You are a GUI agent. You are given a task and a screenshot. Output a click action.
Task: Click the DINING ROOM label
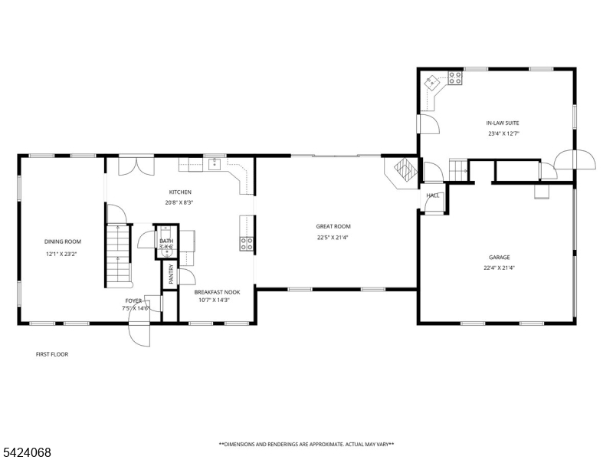(63, 242)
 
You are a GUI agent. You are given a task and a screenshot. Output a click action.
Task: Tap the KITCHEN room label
(180, 192)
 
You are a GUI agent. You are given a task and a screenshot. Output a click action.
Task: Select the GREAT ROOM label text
(333, 226)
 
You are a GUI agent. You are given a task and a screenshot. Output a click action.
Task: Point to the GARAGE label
(500, 258)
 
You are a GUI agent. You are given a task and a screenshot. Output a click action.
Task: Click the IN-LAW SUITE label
(503, 123)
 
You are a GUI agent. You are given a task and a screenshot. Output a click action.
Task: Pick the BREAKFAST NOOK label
(217, 292)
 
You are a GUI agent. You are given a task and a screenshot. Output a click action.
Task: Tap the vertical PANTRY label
(171, 274)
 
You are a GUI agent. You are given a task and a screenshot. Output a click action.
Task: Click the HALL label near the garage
(433, 195)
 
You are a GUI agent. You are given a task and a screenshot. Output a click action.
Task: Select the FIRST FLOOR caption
(52, 354)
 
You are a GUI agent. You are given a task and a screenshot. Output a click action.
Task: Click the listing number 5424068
(26, 452)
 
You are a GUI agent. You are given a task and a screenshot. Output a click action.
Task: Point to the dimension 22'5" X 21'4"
(333, 238)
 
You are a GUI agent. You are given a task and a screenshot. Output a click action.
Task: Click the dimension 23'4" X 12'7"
(503, 133)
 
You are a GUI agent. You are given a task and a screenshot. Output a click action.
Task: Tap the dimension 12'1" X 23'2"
(62, 254)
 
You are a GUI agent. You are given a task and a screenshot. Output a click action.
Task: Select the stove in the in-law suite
(455, 78)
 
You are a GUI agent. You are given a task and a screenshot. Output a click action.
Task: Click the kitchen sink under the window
(215, 164)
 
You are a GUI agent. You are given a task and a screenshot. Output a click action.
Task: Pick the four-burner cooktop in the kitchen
(246, 244)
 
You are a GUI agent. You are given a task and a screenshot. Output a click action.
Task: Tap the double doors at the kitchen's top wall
(136, 166)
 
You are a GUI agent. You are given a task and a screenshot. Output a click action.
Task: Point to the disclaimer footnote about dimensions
(306, 445)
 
